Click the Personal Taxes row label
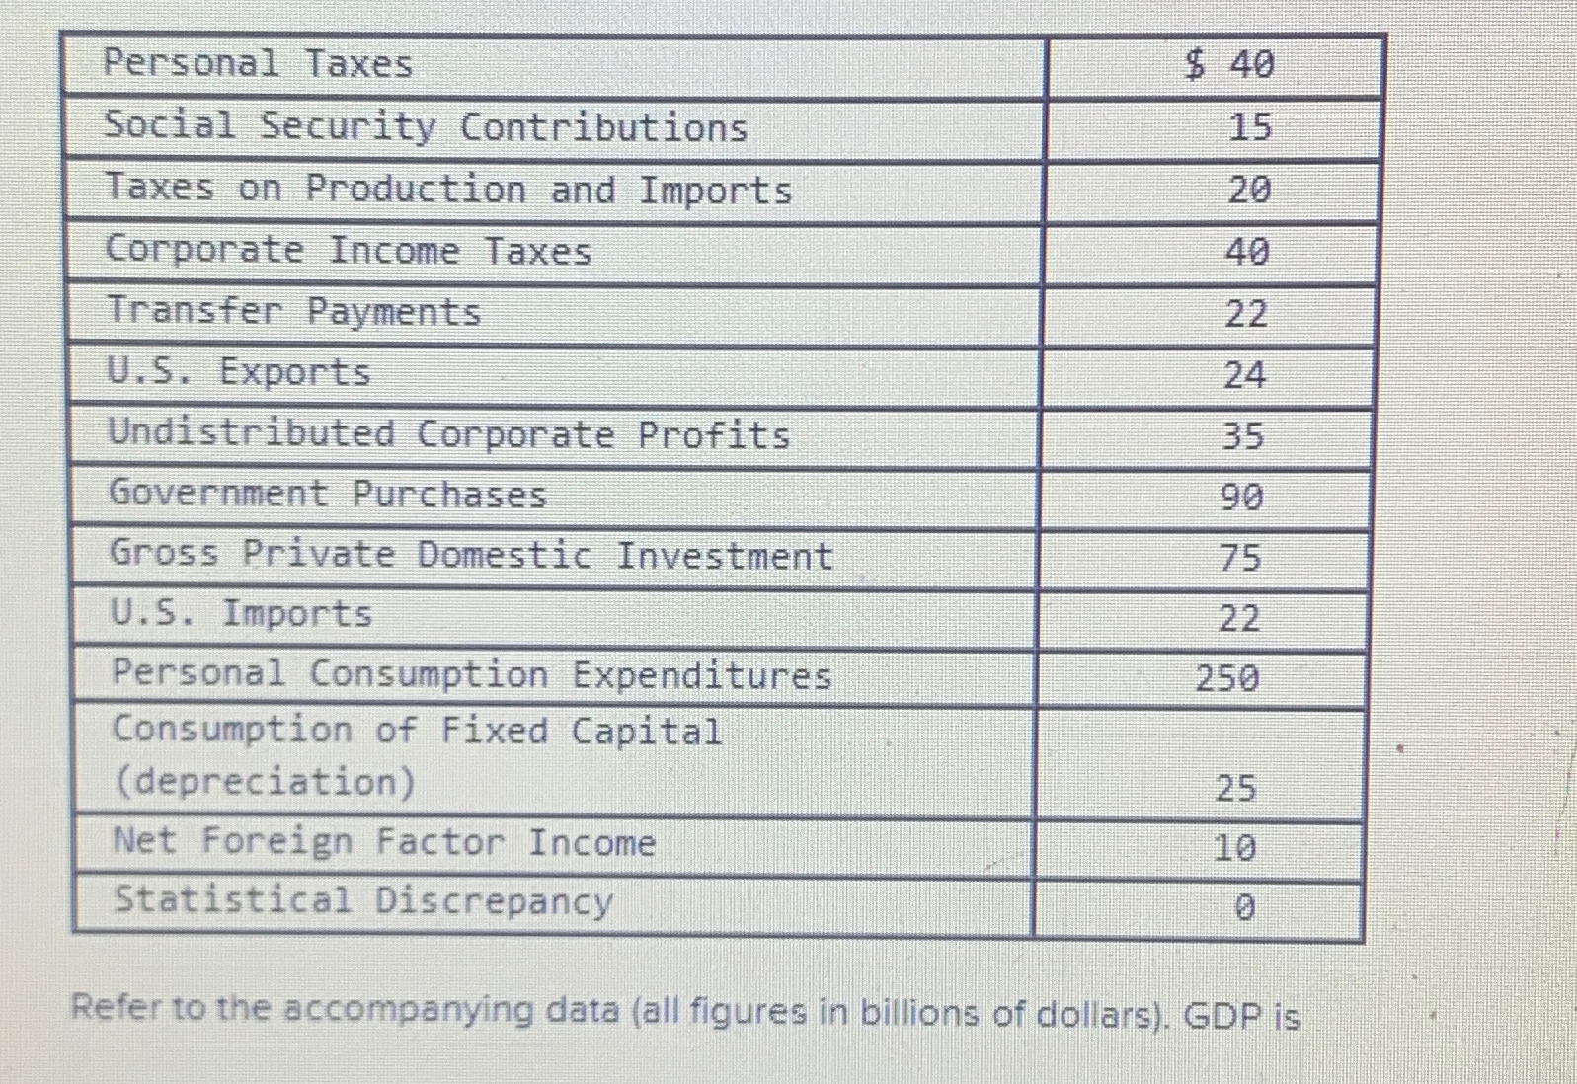pyautogui.click(x=258, y=64)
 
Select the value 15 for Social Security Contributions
pyautogui.click(x=1250, y=127)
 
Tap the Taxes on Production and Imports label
pyautogui.click(x=448, y=189)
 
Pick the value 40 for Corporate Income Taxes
pyautogui.click(x=1247, y=252)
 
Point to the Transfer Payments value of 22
pyautogui.click(x=1246, y=314)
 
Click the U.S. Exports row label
pyautogui.click(x=238, y=372)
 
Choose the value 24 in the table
pyautogui.click(x=1244, y=375)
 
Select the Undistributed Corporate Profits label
pyautogui.click(x=449, y=434)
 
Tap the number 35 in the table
pyautogui.click(x=1242, y=436)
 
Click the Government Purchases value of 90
pyautogui.click(x=1241, y=497)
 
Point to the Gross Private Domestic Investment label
pyautogui.click(x=471, y=555)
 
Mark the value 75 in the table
pyautogui.click(x=1240, y=558)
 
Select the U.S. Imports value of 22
pyautogui.click(x=1239, y=619)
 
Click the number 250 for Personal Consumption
pyautogui.click(x=1227, y=678)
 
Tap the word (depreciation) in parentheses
pyautogui.click(x=265, y=782)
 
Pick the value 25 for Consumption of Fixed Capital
pyautogui.click(x=1235, y=788)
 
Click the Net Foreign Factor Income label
pyautogui.click(x=384, y=842)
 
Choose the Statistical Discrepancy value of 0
pyautogui.click(x=1244, y=906)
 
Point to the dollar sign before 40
pyautogui.click(x=1196, y=65)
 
